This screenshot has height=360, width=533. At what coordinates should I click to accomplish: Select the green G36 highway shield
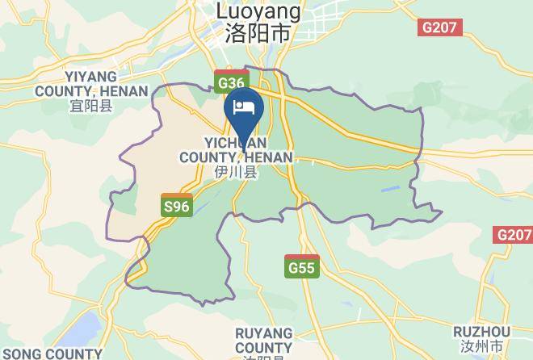[x=230, y=82]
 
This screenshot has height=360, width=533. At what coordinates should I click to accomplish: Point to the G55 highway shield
[x=302, y=266]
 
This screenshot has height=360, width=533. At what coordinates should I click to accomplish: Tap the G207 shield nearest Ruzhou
[x=513, y=235]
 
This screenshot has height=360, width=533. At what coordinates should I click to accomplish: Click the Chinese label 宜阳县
[x=90, y=105]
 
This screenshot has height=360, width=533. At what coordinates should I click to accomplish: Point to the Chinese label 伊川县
[x=235, y=171]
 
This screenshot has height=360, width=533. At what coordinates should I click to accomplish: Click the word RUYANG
[x=264, y=333]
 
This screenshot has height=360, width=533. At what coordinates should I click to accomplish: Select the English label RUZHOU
[x=481, y=333]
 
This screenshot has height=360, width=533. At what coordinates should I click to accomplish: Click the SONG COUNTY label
[x=50, y=354]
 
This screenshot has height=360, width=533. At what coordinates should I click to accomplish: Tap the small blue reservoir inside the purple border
[x=388, y=191]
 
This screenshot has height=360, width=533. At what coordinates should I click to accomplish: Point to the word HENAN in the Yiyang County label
[x=124, y=91]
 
